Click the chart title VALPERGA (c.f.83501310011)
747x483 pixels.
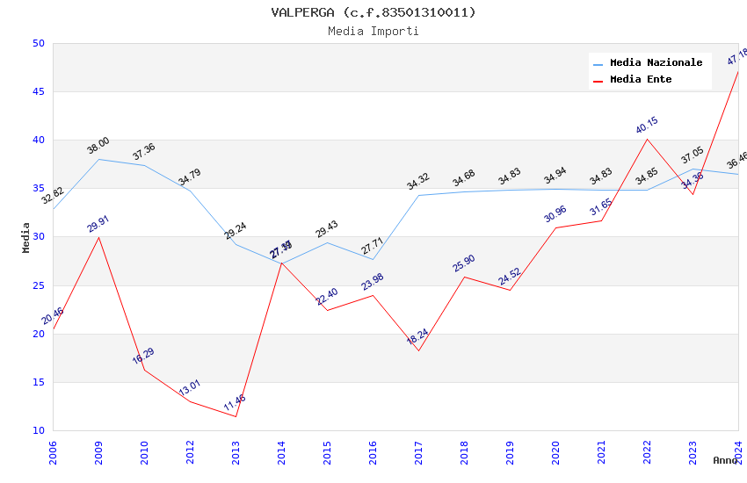tap(373, 12)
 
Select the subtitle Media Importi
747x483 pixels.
tap(373, 31)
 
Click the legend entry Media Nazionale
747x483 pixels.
tap(656, 63)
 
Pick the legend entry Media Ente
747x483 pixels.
tap(641, 80)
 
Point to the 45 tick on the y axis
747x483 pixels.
tap(38, 91)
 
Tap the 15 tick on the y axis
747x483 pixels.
tap(38, 382)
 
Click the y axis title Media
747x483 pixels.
tap(26, 237)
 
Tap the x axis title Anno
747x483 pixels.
tap(725, 460)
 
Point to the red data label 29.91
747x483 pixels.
tap(98, 223)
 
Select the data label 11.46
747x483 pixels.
tap(235, 403)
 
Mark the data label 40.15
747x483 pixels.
tap(647, 125)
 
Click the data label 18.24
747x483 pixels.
tap(417, 337)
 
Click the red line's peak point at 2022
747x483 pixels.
tap(647, 139)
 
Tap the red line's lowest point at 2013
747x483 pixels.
tap(236, 416)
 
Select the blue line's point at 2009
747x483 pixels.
tap(98, 159)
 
